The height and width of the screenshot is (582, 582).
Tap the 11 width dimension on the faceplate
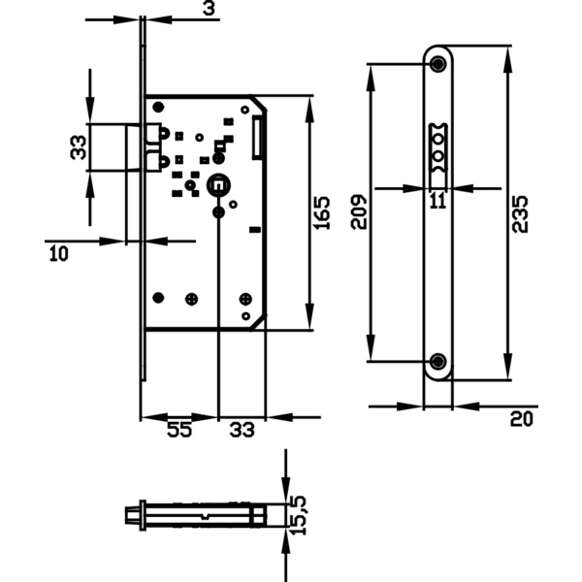(437, 201)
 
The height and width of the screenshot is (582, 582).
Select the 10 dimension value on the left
(58, 254)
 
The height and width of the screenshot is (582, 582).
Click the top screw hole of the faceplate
(438, 64)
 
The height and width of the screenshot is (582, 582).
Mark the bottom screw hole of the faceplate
(438, 363)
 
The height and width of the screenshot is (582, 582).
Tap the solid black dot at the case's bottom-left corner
(160, 297)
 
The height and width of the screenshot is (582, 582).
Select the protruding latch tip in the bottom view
(131, 514)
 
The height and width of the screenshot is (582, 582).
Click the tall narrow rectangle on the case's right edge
(257, 137)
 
